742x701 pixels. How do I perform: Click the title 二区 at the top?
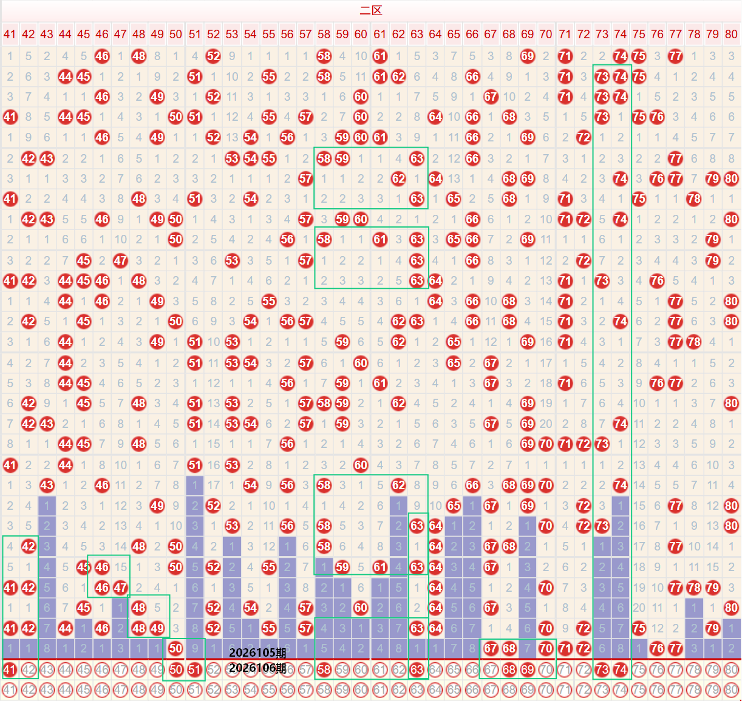(x=370, y=10)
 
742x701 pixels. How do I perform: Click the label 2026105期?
(x=257, y=653)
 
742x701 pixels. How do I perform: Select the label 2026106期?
(x=257, y=668)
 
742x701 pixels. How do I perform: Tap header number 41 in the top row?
(x=10, y=34)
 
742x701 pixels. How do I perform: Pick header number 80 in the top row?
(x=731, y=34)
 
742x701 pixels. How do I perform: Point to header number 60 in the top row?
(x=361, y=34)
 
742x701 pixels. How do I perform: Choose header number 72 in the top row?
(x=584, y=34)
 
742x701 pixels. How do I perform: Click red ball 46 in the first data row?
(x=102, y=56)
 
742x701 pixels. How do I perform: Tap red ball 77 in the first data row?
(x=675, y=56)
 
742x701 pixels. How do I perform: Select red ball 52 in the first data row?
(x=213, y=56)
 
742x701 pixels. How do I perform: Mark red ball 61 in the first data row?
(x=380, y=56)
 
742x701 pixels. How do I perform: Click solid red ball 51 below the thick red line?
(x=194, y=670)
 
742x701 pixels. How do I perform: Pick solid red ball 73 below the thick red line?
(x=602, y=670)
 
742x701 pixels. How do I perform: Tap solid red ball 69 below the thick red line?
(x=528, y=670)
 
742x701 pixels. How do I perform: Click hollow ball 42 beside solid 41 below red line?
(x=29, y=670)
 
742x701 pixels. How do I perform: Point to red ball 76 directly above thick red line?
(x=657, y=649)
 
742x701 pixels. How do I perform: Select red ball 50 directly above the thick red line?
(x=175, y=649)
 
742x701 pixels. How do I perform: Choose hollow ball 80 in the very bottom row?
(x=731, y=690)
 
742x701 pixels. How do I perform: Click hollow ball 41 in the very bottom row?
(x=10, y=690)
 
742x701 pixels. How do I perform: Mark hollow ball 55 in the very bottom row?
(x=268, y=690)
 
